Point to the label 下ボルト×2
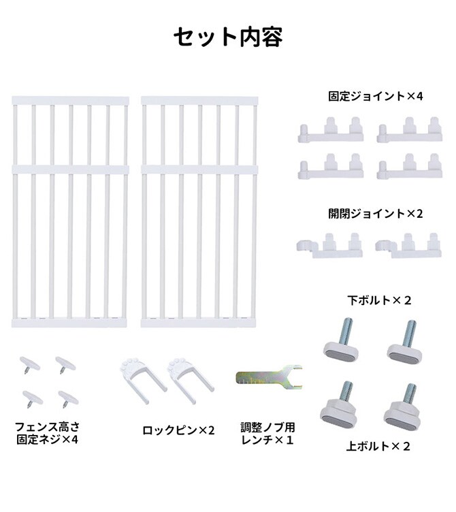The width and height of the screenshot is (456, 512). point(379,300)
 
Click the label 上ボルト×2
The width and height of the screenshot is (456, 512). point(378,447)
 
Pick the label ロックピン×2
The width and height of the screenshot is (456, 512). point(178,430)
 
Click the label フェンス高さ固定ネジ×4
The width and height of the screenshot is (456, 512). point(47,433)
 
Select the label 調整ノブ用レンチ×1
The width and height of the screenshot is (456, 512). point(267,433)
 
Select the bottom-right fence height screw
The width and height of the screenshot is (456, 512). point(68,398)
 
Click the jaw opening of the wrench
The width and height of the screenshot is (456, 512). point(294,377)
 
